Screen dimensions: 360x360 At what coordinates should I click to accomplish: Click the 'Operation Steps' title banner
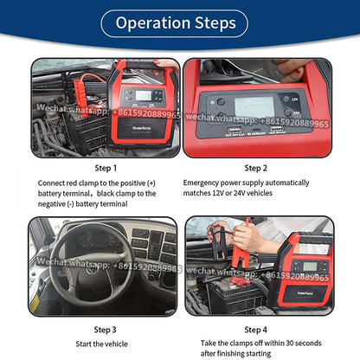point(179,22)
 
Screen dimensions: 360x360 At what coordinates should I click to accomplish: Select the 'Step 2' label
point(256,168)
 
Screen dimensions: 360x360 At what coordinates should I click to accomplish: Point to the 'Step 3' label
point(105,329)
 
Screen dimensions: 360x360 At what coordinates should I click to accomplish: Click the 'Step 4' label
point(256,329)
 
